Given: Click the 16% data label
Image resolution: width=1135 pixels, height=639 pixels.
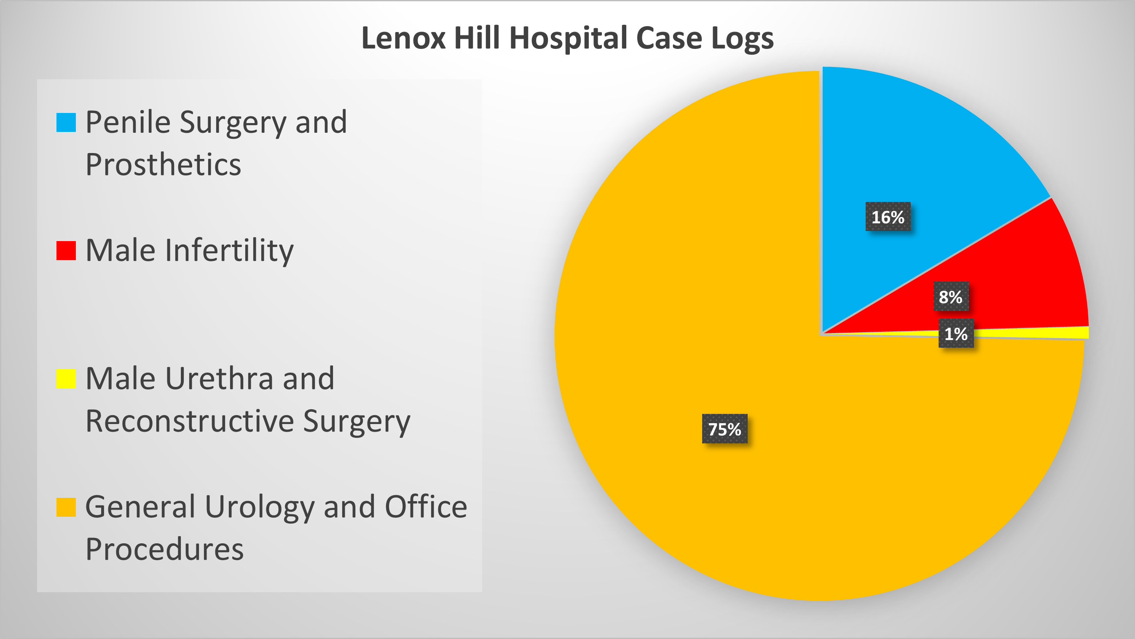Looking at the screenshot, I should (888, 217).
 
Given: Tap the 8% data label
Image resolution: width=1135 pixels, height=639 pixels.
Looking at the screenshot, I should (950, 297).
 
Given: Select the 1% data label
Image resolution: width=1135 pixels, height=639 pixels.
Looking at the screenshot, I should (956, 333).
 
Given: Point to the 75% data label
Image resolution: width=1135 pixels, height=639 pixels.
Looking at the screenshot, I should (724, 429).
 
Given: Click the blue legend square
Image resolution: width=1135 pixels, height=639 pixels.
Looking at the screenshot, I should (66, 123).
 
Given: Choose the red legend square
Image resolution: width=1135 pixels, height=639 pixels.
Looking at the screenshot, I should (66, 250).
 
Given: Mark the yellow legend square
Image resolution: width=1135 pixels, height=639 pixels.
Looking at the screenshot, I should (66, 379).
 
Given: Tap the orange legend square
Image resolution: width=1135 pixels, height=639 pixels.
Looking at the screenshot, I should (66, 507).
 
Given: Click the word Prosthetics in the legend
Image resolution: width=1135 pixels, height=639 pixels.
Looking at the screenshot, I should (163, 165).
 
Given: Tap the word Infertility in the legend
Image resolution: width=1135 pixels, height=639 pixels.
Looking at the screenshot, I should (229, 250).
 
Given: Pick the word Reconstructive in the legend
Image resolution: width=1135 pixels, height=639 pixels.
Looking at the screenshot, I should (190, 421).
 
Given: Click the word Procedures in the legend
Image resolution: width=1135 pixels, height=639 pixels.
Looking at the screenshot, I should (164, 549).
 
